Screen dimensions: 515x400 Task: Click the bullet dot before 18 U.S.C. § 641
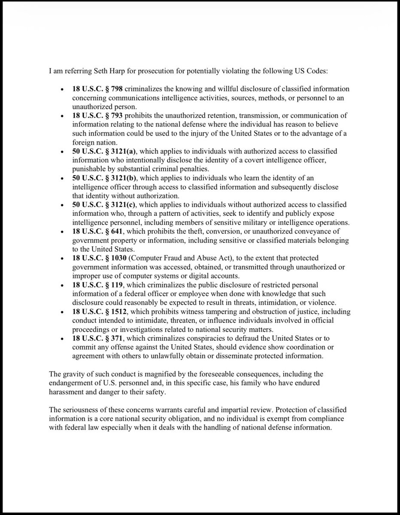pos(63,232)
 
